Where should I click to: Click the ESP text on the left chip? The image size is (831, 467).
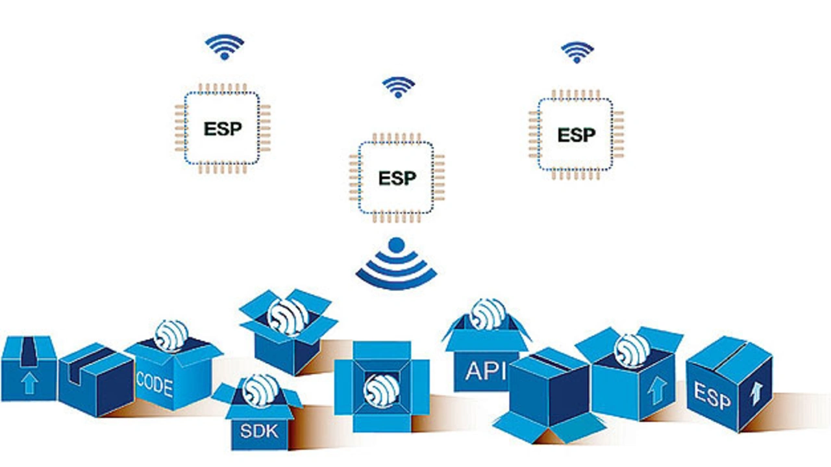[223, 128]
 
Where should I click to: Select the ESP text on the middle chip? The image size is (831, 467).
[397, 177]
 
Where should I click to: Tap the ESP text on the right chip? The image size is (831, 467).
[577, 135]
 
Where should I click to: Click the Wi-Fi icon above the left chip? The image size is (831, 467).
[225, 47]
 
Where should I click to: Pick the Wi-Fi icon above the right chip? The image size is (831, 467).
[577, 53]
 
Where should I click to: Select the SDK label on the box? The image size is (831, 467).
[259, 431]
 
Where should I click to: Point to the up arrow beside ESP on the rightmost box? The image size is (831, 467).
[756, 393]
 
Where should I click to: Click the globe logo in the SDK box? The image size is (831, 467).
[260, 390]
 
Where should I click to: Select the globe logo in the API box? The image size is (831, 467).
[488, 313]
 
